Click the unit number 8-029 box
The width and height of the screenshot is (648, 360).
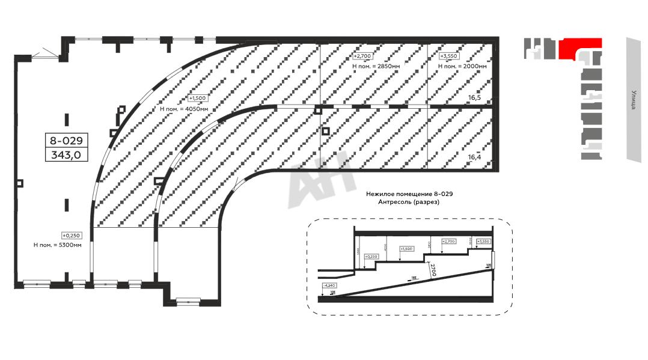(67, 141)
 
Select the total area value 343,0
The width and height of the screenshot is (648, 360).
(67, 155)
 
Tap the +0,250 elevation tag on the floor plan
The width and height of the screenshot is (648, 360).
(71, 236)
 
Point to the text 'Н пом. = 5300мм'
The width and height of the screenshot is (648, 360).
(58, 245)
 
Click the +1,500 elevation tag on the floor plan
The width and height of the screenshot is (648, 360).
(197, 98)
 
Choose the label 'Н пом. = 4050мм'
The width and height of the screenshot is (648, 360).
(185, 109)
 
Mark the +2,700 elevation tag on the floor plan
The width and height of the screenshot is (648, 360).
(362, 55)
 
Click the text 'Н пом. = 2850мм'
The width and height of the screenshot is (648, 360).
(376, 66)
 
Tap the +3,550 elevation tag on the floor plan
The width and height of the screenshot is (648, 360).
(449, 56)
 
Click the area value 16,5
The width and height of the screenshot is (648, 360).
(474, 97)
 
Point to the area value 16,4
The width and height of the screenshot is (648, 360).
(474, 157)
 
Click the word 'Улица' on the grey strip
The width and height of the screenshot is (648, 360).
(634, 100)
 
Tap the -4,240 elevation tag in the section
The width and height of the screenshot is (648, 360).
(329, 285)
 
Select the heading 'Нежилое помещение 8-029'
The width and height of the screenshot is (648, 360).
(409, 194)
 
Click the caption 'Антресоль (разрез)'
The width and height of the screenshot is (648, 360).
(409, 203)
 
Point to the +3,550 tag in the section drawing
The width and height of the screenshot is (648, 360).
(482, 242)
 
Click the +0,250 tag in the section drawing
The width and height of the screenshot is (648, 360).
(372, 257)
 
